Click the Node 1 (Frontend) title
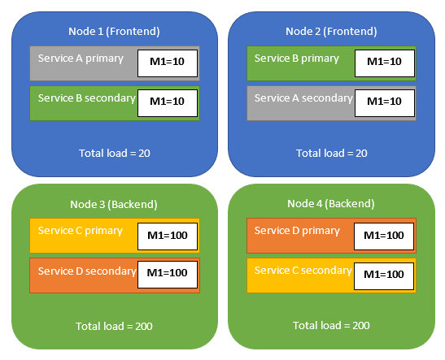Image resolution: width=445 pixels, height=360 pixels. pos(114,31)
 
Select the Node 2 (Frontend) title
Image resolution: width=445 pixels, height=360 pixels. pos(331,31)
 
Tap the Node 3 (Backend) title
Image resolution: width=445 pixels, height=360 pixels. pos(114,202)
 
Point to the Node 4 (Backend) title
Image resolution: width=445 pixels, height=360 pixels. pos(331,202)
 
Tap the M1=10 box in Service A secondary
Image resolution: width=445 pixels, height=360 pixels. pos(385,102)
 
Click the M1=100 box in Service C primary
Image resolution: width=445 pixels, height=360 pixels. pos(168,236)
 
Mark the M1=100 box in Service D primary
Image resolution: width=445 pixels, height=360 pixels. pos(385,236)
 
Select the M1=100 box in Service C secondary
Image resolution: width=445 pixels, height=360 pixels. pos(385,275)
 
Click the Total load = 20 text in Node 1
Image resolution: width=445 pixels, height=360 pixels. pos(115,153)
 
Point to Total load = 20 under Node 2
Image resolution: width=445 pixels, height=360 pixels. pos(331,153)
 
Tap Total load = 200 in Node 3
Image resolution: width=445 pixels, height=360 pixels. pos(115,326)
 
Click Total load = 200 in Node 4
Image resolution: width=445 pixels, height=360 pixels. pos(332,325)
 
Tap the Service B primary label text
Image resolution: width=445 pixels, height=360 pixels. pos(297,59)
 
